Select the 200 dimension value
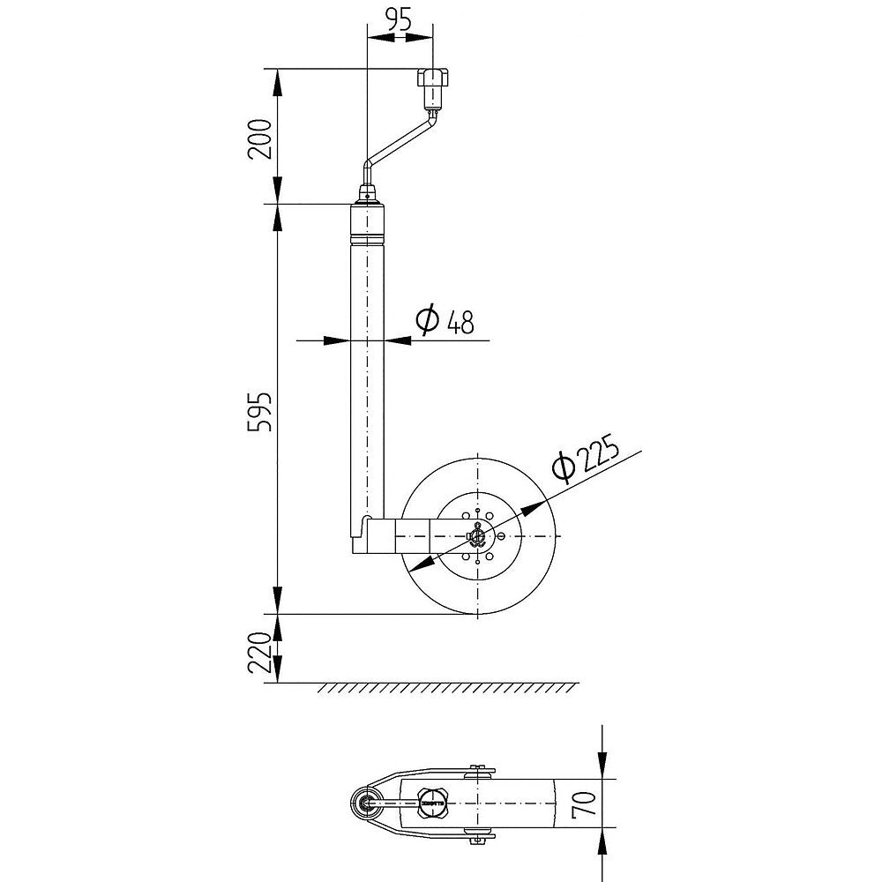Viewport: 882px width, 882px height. tap(260, 137)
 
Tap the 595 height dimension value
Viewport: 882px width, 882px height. tap(260, 408)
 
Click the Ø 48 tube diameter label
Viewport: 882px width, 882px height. tap(445, 321)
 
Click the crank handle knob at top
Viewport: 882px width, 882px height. tap(433, 87)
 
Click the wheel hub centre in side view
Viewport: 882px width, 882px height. tap(477, 536)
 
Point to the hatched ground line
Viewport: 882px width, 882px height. tap(448, 687)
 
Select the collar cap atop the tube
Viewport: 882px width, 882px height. tap(369, 225)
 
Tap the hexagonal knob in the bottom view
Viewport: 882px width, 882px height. tap(434, 802)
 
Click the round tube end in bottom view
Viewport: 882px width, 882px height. tap(364, 802)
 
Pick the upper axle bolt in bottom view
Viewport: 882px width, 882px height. tap(479, 770)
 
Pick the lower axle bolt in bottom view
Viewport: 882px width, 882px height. tap(479, 835)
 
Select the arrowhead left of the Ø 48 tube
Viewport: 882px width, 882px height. tap(340, 339)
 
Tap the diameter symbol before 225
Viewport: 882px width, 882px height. tap(563, 465)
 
